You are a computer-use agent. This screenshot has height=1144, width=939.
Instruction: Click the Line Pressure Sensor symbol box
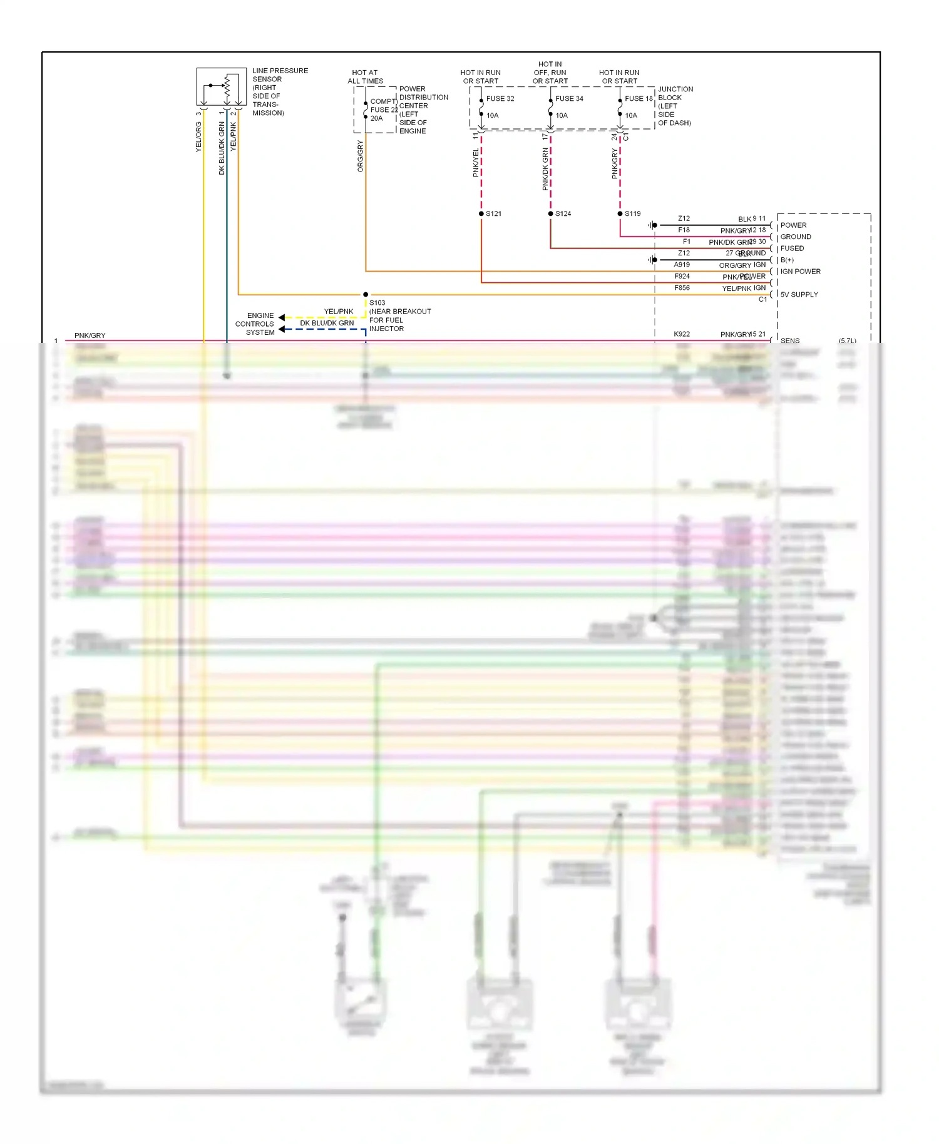[221, 86]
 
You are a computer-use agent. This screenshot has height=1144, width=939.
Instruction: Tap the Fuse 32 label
[500, 99]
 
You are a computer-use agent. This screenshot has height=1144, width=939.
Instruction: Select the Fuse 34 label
[569, 99]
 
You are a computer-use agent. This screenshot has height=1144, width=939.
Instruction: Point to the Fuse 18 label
[639, 99]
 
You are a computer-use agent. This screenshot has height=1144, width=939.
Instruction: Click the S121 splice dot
[481, 214]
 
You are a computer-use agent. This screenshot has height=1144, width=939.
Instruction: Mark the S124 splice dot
[551, 214]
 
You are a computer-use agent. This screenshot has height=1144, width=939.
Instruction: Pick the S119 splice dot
[620, 214]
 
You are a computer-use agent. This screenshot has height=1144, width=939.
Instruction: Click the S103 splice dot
[366, 294]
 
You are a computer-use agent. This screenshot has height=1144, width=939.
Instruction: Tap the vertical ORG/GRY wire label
[361, 156]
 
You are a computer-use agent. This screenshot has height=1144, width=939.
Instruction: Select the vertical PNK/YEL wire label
[476, 163]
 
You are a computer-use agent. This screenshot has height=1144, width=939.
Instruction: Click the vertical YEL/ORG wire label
[198, 136]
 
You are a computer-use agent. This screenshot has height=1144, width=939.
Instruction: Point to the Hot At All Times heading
[365, 77]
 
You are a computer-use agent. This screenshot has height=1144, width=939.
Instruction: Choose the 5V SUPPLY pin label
[799, 295]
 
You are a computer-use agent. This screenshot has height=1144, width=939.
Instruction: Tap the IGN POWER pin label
[800, 272]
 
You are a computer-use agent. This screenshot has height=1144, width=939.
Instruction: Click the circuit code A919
[682, 265]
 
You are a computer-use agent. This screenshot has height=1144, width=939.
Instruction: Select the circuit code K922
[682, 334]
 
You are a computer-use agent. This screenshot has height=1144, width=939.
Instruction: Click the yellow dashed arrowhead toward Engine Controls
[282, 317]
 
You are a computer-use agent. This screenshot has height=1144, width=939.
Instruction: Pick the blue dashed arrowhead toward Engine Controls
[282, 329]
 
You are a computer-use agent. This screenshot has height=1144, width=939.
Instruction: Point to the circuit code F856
[682, 288]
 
